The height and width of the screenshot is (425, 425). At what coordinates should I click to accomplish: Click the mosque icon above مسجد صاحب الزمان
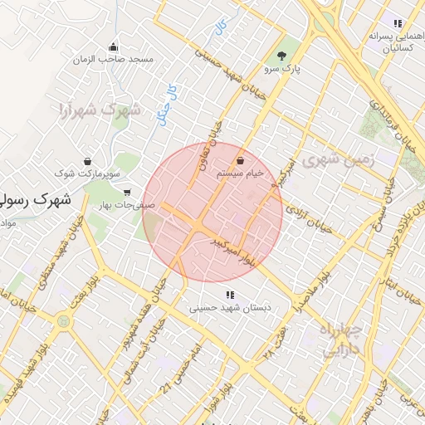coord(113,46)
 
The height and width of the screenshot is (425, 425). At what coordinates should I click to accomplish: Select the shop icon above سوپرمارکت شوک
coord(88,161)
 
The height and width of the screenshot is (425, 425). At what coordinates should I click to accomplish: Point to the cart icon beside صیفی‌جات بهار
coord(126,192)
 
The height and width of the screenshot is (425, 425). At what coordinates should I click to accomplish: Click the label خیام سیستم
coord(240,174)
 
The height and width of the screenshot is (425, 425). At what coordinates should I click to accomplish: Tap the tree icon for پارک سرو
coord(281,56)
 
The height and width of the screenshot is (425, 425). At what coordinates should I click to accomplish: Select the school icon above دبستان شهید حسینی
coord(229,295)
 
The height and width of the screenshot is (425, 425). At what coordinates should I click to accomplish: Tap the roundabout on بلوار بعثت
coord(64,321)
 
